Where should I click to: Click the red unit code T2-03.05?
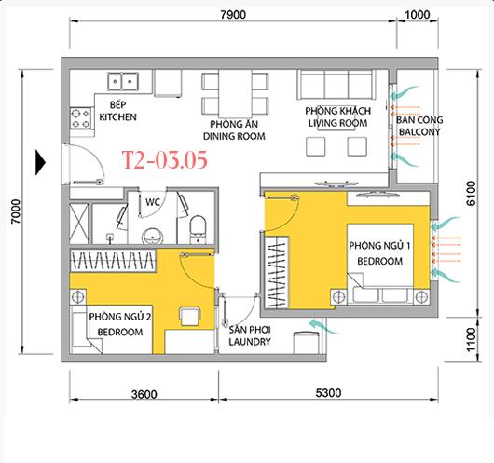tap(165, 159)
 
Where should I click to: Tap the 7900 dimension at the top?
tap(233, 15)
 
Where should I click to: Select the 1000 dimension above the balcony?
tap(418, 15)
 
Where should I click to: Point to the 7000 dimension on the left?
tap(16, 211)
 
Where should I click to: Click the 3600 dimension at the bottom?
tap(144, 394)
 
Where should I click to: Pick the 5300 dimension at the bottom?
tap(328, 393)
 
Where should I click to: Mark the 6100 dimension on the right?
tap(471, 193)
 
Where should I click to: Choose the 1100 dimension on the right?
tap(471, 339)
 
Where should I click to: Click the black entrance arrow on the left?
tap(40, 162)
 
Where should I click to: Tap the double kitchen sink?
tap(123, 82)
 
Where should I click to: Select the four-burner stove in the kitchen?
tap(81, 118)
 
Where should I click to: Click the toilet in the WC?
tap(198, 229)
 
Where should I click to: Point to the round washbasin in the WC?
tap(153, 236)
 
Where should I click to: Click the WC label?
tap(153, 202)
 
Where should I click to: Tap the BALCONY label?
tap(419, 131)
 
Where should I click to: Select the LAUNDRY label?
tap(250, 341)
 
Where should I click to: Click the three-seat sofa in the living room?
tap(336, 85)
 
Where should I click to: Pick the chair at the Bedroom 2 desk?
tap(190, 316)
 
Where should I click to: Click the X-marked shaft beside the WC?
tap(79, 224)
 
